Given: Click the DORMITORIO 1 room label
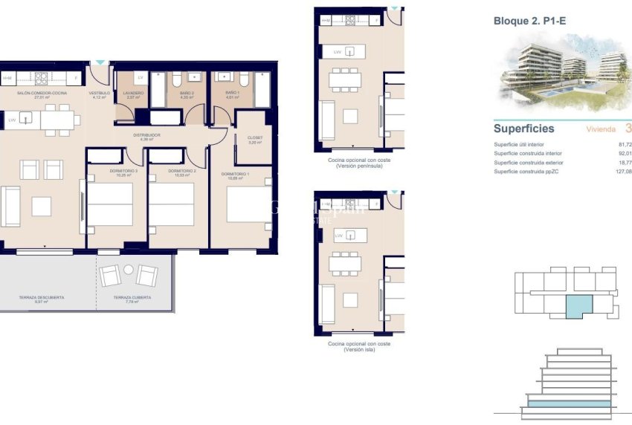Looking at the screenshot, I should [233, 175].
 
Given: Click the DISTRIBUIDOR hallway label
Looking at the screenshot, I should [147, 136].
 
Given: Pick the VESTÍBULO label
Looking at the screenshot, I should [100, 94].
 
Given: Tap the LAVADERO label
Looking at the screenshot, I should [134, 94].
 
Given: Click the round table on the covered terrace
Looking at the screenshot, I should [129, 269].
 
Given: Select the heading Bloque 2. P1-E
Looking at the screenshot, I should [529, 21].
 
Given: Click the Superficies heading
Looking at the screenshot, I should [523, 129].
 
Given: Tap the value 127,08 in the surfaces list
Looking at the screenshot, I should [622, 172].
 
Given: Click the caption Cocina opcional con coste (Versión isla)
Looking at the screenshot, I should [359, 347].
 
